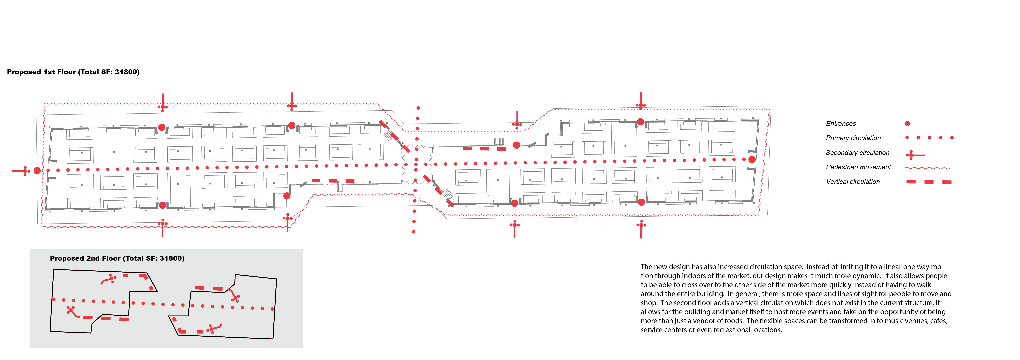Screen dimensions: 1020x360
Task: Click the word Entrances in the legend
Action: point(841,124)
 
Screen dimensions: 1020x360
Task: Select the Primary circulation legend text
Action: point(853,138)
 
